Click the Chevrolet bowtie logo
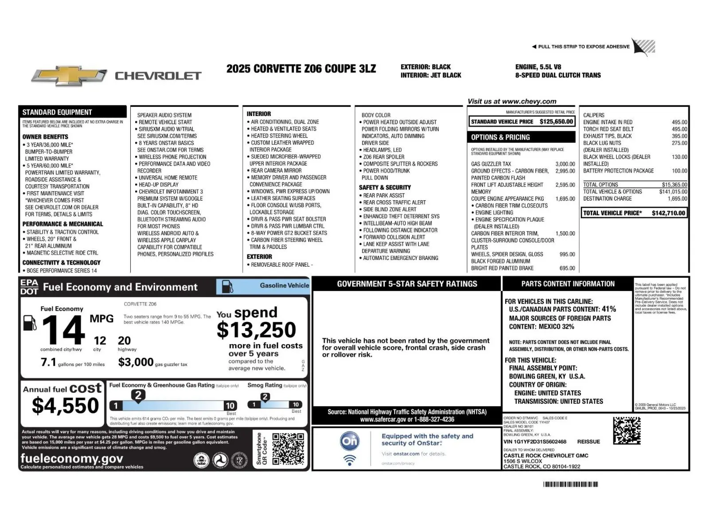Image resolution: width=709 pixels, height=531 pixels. (x=69, y=76)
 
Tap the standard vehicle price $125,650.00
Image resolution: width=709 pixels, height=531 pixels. (x=556, y=121)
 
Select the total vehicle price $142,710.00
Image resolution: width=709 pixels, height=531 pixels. (x=668, y=213)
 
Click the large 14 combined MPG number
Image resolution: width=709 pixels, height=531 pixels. (x=63, y=330)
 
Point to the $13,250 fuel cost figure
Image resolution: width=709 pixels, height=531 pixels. (x=256, y=330)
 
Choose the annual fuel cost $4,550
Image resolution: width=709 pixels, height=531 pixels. (x=65, y=405)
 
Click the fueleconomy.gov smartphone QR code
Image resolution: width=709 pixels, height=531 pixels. (x=288, y=449)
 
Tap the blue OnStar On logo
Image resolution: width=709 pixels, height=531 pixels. (x=350, y=441)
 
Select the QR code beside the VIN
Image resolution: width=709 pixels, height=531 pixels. (x=627, y=430)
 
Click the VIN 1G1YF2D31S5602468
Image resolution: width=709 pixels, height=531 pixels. (x=535, y=442)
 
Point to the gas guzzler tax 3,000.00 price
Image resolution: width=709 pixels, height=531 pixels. (x=565, y=164)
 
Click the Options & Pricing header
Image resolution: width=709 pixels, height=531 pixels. (x=500, y=137)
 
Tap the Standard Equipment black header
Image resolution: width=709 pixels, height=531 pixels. (x=57, y=112)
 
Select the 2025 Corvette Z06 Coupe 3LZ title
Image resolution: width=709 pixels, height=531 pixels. (x=301, y=69)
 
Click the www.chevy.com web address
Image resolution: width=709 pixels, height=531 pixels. (x=529, y=101)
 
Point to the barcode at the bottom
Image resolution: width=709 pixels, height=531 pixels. (x=570, y=484)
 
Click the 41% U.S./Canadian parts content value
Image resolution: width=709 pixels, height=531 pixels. (x=608, y=309)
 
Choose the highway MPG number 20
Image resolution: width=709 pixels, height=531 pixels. (x=124, y=341)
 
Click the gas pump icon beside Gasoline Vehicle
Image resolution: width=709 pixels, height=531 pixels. (x=227, y=286)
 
